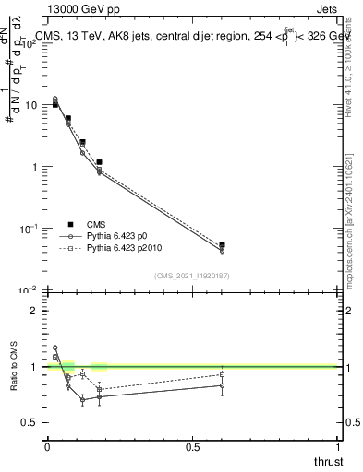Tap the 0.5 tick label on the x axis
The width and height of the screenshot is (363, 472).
192,446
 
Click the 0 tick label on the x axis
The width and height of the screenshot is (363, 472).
47,446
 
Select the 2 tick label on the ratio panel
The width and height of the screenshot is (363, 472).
33,311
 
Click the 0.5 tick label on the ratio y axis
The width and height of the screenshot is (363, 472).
30,422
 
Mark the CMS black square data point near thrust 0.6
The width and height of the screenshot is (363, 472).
222,245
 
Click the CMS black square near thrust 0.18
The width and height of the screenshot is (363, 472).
99,162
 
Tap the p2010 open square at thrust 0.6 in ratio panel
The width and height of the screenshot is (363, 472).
222,374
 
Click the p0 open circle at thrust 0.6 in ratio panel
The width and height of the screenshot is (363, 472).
222,385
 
